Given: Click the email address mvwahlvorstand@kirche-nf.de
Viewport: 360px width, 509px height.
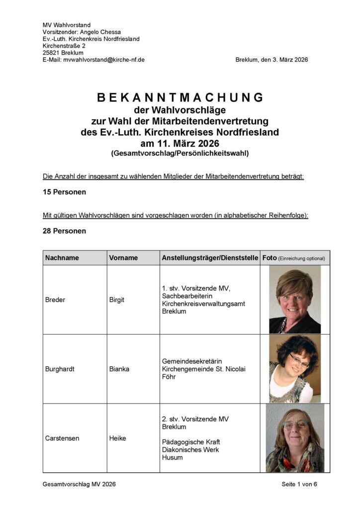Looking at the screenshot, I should tap(104, 60).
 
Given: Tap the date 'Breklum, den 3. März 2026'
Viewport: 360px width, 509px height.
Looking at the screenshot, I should tap(271, 60).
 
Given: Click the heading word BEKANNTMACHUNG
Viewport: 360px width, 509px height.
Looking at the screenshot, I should tap(180, 97).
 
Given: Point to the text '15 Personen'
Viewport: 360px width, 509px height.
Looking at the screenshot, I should tap(64, 191).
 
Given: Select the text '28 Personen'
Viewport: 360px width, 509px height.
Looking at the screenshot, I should tap(64, 231).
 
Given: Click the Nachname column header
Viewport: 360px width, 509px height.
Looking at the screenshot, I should tap(62, 258).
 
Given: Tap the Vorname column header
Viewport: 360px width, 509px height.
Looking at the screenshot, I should tap(123, 258).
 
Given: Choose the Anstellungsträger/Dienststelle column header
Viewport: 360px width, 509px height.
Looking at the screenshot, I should tap(210, 258).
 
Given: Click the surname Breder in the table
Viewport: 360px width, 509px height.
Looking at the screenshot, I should tap(55, 300).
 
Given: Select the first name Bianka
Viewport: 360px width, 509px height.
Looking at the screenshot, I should tap(118, 369).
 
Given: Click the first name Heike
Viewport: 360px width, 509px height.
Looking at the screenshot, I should tap(117, 438).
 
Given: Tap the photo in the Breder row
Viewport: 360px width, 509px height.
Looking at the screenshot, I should tap(294, 300).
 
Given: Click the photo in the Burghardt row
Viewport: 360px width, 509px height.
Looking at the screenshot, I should tap(294, 369).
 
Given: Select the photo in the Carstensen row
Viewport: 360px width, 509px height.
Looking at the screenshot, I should tap(294, 438).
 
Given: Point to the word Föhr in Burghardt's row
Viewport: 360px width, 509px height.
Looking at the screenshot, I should tap(169, 377).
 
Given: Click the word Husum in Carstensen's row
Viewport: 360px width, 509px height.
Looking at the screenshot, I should tap(172, 457).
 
